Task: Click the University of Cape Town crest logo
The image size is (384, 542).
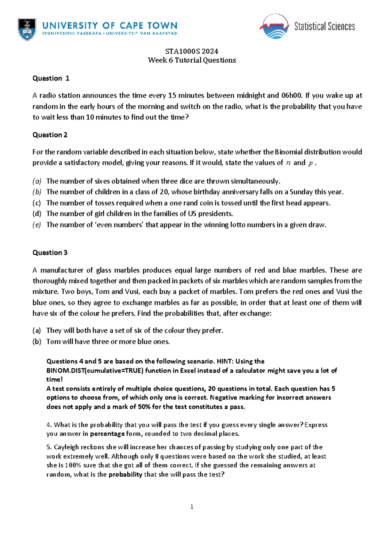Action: click(27, 29)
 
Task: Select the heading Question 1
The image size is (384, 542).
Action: click(51, 78)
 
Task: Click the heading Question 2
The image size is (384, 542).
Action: click(50, 135)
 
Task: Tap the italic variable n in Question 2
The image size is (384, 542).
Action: click(288, 163)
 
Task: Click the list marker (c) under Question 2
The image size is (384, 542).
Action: click(37, 203)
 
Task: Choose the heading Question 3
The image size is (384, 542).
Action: click(50, 253)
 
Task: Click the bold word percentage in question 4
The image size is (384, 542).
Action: click(107, 434)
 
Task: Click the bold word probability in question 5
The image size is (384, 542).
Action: click(125, 475)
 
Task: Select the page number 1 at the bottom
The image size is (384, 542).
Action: click(192, 507)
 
